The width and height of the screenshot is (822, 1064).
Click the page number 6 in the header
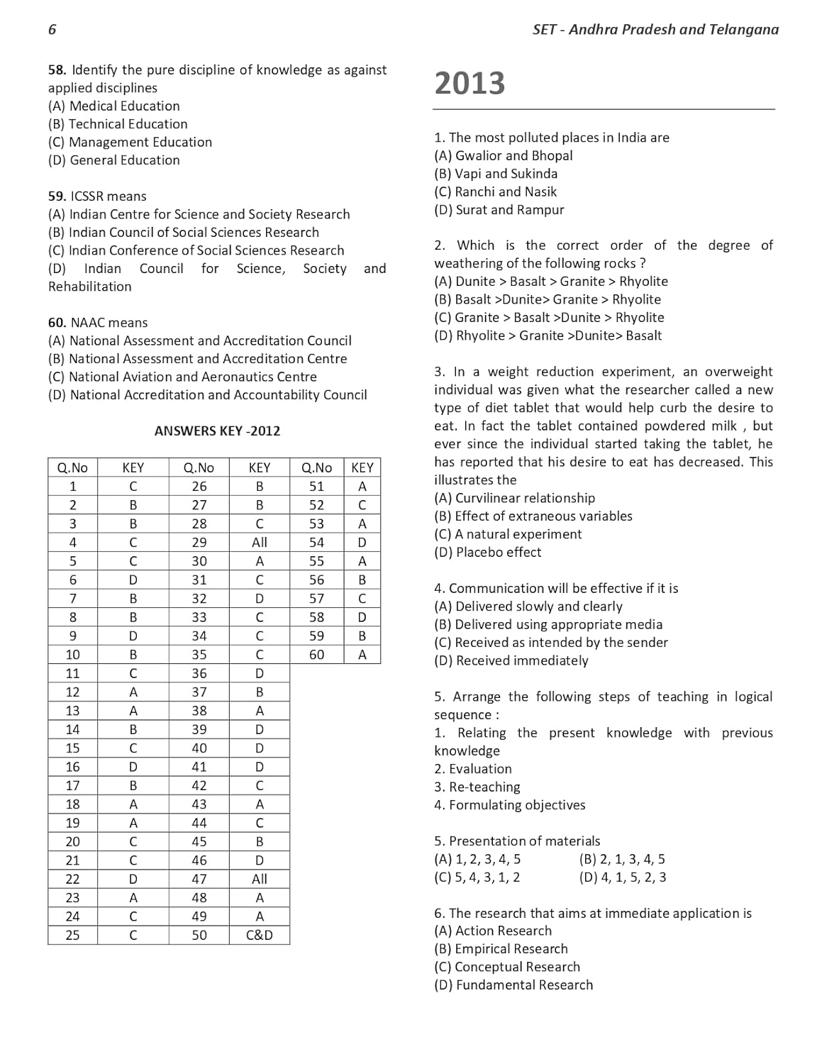point(52,29)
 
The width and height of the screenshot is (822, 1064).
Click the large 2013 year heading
point(470,83)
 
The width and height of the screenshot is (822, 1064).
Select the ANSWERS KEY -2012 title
point(217,431)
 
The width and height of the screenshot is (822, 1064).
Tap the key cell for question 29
point(260,542)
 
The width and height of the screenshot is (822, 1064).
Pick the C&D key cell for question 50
point(260,935)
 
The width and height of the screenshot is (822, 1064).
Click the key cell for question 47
point(260,879)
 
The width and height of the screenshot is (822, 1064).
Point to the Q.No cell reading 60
point(316,655)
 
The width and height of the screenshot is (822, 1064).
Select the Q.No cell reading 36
point(199,673)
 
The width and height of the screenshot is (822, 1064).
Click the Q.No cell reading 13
point(72,711)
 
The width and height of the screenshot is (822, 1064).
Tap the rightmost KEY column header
point(362,467)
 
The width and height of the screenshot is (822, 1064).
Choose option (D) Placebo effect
point(488,552)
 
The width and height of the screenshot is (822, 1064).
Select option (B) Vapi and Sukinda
point(496,173)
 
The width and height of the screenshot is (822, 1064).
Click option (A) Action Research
point(493,931)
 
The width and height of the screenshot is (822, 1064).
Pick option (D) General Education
point(114,160)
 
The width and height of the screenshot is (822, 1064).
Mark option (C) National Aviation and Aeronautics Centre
point(182,377)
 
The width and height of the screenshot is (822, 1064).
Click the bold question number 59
point(57,196)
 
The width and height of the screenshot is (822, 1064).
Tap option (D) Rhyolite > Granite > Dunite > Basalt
point(548,336)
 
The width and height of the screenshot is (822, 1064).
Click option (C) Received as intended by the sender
point(551,642)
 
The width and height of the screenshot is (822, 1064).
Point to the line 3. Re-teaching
point(477,787)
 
